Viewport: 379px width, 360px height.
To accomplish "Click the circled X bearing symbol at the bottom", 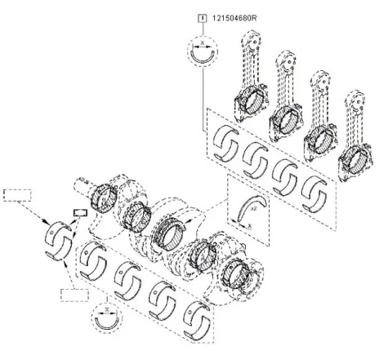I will pos(107,318).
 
